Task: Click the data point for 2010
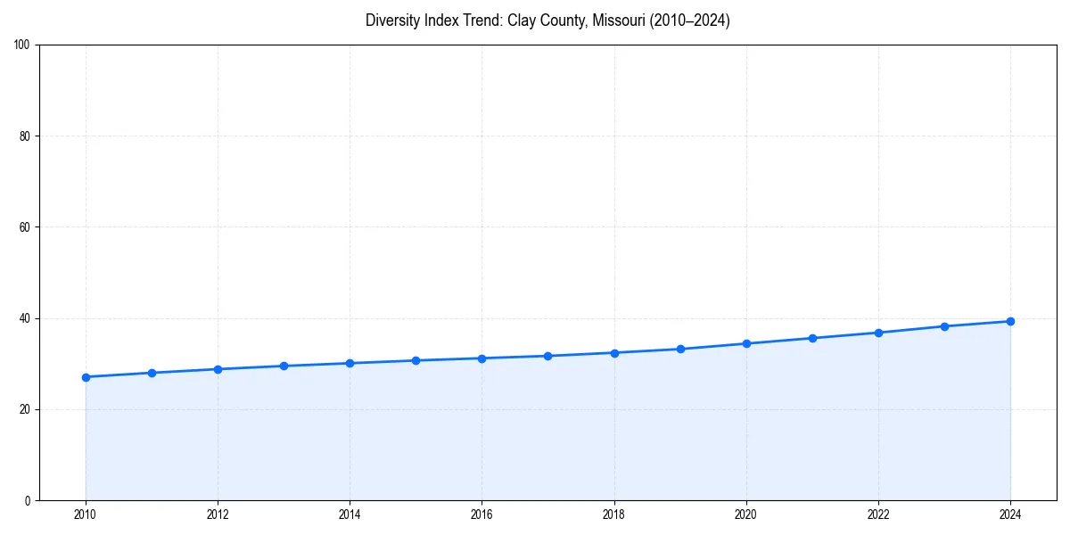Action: tap(86, 377)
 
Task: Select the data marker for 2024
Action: tap(1010, 321)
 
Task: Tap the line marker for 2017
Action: tap(547, 356)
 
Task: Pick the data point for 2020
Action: tap(746, 343)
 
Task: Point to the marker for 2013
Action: tap(284, 366)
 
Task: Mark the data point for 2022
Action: tap(878, 333)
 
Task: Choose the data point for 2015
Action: tap(416, 360)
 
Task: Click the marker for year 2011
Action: tap(152, 373)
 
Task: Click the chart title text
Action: tap(547, 21)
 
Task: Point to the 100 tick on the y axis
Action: tap(22, 45)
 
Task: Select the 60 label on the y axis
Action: tap(25, 227)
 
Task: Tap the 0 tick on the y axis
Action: tap(28, 500)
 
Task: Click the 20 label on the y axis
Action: tap(25, 409)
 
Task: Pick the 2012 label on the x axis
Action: tap(218, 514)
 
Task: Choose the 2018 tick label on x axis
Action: tap(613, 514)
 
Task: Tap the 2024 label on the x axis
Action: tap(1010, 514)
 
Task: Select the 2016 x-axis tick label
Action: tap(481, 514)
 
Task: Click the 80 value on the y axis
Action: tap(25, 136)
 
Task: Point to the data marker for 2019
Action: tap(680, 349)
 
